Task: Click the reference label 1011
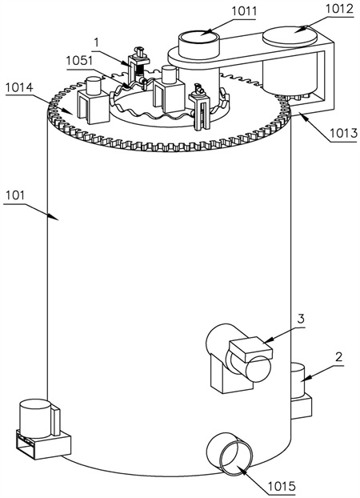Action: click(x=244, y=11)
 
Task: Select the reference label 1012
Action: click(x=340, y=9)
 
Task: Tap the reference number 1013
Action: click(x=343, y=134)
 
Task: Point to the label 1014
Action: click(x=18, y=87)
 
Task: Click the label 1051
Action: click(x=79, y=60)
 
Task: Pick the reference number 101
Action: click(x=14, y=195)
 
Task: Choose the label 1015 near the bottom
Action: click(x=282, y=486)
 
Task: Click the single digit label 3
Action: click(x=301, y=318)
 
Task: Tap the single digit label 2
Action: click(x=338, y=357)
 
